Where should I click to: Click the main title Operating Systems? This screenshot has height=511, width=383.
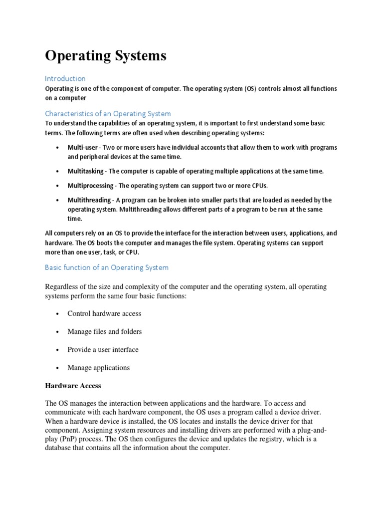coord(106,56)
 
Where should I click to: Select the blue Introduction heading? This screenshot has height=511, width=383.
coord(65,78)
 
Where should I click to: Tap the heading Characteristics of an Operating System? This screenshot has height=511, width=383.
coord(108,113)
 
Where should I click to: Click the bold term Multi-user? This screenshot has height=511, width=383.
coord(82,148)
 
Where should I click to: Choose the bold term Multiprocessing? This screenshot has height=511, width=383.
coord(90,186)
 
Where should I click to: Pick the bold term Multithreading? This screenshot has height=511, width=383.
coord(89,200)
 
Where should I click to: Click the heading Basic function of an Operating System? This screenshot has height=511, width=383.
coord(107,267)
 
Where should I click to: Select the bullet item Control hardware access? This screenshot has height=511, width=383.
coord(104,313)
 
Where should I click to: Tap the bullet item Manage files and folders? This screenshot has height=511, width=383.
coord(105,331)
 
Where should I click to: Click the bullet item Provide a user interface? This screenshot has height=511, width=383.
coord(103,349)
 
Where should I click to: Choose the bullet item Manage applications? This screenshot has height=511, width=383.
coord(99,367)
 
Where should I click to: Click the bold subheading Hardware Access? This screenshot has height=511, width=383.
coord(73,386)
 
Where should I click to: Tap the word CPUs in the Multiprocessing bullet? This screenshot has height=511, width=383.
coord(258,186)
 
